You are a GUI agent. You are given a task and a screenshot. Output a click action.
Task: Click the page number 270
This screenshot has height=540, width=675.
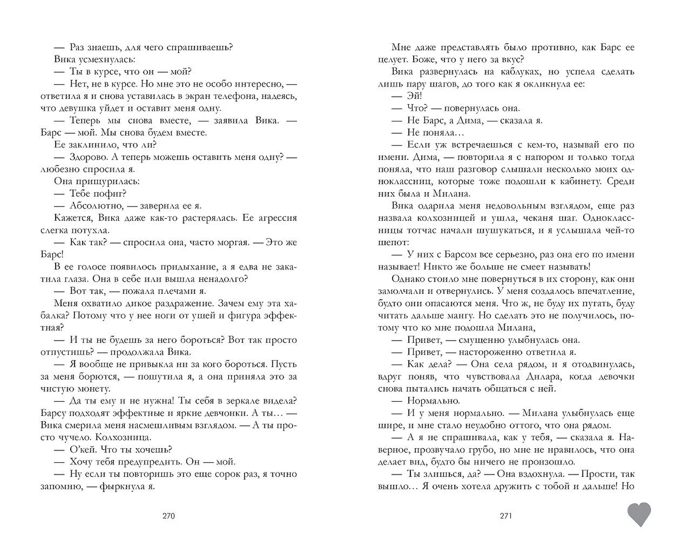point(168,516)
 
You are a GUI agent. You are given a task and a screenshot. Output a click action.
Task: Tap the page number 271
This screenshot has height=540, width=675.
point(506,516)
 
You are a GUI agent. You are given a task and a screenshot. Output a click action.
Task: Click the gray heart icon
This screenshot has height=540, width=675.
point(639,514)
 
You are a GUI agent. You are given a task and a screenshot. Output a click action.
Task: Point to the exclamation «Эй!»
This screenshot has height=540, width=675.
point(414,96)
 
